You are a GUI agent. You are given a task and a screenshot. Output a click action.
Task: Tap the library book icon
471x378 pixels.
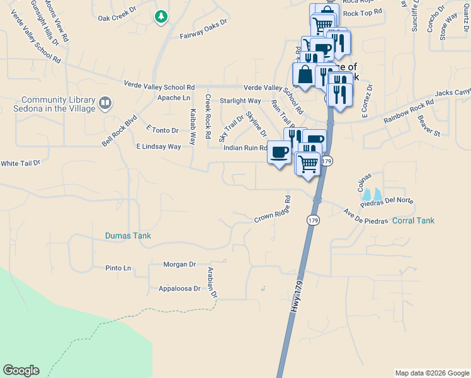coord(105,101)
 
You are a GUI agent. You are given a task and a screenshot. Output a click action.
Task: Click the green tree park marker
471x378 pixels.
coord(162,16)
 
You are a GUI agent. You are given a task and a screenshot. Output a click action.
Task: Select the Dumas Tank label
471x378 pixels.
coord(128,236)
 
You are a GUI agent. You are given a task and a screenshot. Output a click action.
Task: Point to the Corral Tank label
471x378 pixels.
coord(413,220)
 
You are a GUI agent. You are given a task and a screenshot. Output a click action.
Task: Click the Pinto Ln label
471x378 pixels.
coord(118,268)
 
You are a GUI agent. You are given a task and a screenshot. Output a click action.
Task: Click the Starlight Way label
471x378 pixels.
coord(240,101)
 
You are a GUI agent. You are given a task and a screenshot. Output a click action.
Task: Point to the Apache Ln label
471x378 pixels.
coord(173,98)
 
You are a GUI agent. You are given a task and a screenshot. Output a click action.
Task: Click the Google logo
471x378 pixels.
coord(21,370)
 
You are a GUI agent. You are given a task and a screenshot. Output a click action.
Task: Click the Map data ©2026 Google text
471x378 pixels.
coord(431,373)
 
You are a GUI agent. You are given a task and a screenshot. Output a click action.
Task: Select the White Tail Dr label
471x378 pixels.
coord(20,163)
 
